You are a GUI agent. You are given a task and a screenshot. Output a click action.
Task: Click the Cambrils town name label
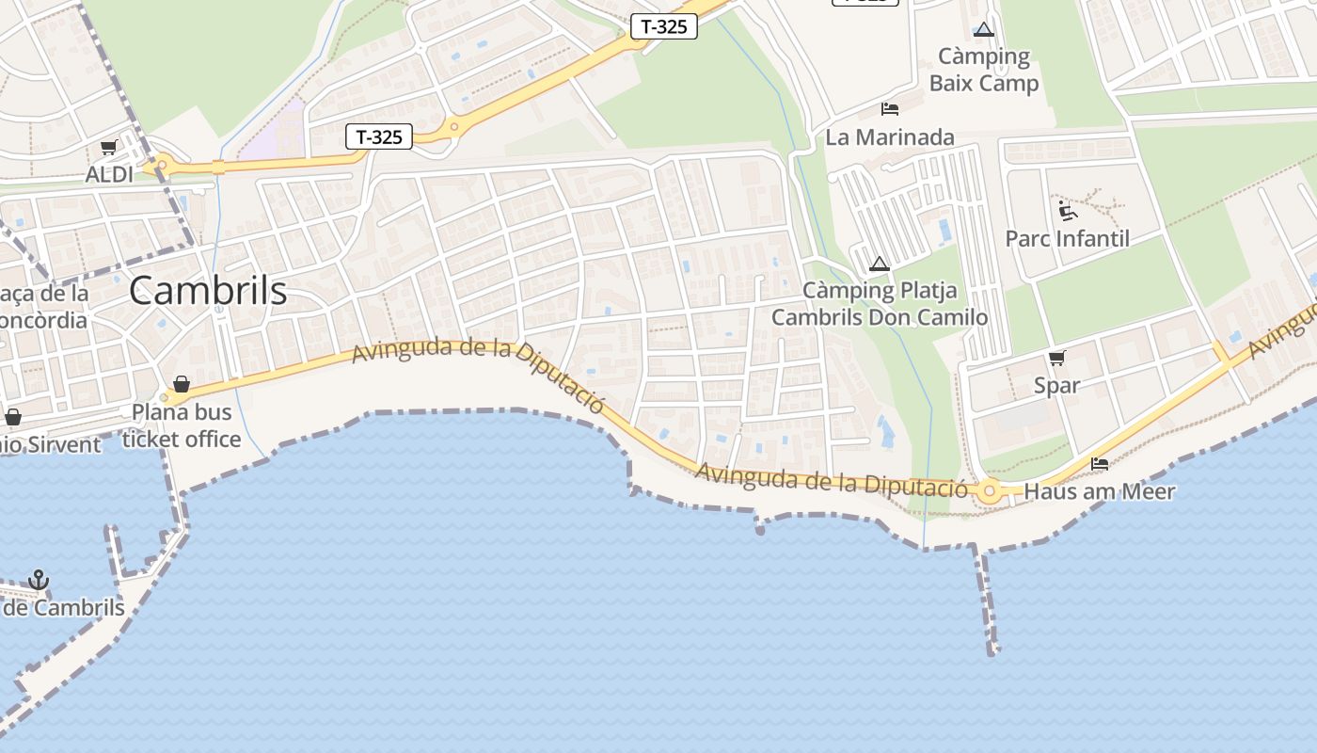(x=208, y=290)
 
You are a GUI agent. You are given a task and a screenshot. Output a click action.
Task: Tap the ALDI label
(x=109, y=174)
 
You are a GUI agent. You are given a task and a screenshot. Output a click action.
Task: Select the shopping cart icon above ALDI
(x=108, y=148)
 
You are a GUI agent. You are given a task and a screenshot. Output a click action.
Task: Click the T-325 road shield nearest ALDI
(x=380, y=137)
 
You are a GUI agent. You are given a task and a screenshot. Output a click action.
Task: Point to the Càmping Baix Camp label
(x=984, y=70)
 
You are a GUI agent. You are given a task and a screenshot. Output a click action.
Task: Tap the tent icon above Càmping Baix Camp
(x=984, y=30)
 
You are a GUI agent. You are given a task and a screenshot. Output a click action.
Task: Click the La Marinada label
(x=889, y=137)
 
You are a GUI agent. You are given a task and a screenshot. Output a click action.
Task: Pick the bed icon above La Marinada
(x=889, y=109)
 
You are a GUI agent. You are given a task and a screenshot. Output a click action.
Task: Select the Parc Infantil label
(x=1067, y=238)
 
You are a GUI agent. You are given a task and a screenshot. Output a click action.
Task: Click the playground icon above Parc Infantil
(x=1067, y=210)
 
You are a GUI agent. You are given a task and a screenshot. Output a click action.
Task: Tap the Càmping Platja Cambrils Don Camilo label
(x=880, y=303)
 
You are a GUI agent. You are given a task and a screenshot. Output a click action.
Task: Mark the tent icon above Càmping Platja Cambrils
(x=880, y=264)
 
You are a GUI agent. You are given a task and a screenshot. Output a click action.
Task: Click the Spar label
(x=1056, y=385)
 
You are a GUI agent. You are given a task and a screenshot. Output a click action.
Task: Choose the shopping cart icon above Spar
(x=1056, y=358)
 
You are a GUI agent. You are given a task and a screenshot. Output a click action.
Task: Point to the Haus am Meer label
(x=1099, y=491)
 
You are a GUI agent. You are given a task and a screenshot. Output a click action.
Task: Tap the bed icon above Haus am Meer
(x=1099, y=463)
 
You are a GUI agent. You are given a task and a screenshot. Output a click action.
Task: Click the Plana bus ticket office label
(x=182, y=425)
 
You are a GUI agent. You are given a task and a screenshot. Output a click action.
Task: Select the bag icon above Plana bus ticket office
(x=182, y=384)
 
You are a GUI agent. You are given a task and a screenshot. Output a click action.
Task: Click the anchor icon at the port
(x=39, y=580)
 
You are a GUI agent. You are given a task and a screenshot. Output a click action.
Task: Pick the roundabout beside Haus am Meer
(x=989, y=490)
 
